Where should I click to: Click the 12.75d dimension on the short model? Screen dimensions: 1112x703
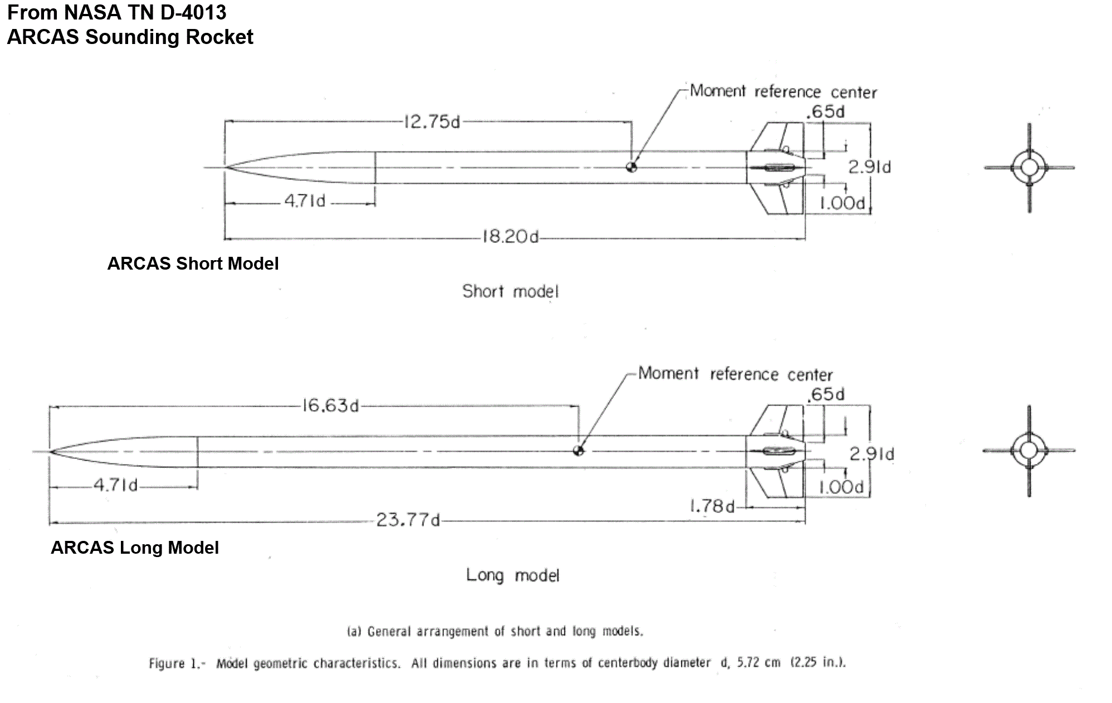pyautogui.click(x=432, y=122)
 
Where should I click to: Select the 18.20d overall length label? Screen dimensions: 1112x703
pyautogui.click(x=510, y=237)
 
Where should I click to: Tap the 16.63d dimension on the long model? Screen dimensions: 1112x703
pyautogui.click(x=330, y=406)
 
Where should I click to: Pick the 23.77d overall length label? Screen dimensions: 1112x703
pyautogui.click(x=408, y=520)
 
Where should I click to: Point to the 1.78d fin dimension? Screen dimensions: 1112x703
pyautogui.click(x=712, y=506)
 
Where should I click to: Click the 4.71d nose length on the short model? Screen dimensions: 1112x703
pyautogui.click(x=305, y=201)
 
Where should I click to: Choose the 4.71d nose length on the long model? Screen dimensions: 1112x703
pyautogui.click(x=115, y=485)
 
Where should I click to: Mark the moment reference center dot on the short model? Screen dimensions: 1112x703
pyautogui.click(x=631, y=167)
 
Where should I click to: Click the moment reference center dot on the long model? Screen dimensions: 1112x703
pyautogui.click(x=579, y=451)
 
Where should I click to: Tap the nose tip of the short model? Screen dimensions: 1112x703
pyautogui.click(x=225, y=167)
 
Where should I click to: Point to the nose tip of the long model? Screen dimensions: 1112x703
pyautogui.click(x=49, y=451)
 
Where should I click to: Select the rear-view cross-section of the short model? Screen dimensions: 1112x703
pyautogui.click(x=1029, y=168)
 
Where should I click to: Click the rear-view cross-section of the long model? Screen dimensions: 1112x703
pyautogui.click(x=1028, y=451)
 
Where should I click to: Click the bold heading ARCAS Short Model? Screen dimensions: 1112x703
pyautogui.click(x=193, y=263)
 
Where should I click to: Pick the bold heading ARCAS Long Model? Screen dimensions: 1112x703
pyautogui.click(x=135, y=548)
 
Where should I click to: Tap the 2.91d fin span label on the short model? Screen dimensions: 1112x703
pyautogui.click(x=869, y=167)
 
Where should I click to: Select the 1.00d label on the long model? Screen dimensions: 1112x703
pyautogui.click(x=841, y=488)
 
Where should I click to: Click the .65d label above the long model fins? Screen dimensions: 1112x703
pyautogui.click(x=826, y=394)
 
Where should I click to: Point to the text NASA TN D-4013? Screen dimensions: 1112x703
pyautogui.click(x=145, y=12)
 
